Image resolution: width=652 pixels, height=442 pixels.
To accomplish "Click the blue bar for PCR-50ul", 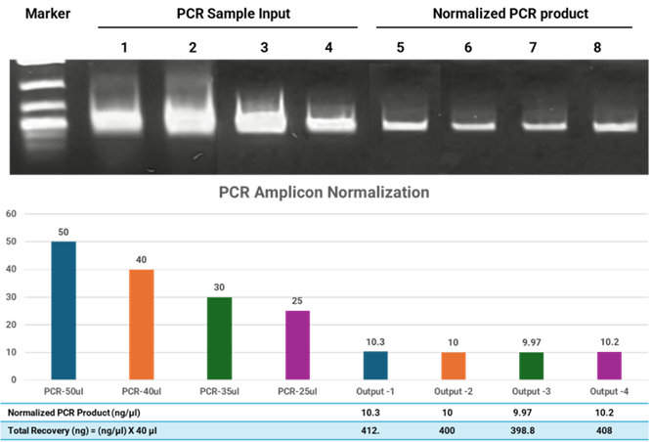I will (64, 311).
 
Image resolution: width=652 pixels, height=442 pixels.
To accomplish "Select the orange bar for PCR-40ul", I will (142, 325).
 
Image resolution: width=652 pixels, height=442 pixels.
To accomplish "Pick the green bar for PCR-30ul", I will (219, 338).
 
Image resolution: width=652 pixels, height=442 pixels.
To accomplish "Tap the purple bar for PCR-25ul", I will (297, 345).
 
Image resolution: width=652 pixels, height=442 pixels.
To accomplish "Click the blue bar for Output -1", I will (375, 366).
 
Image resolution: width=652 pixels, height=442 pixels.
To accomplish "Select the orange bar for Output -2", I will (454, 366).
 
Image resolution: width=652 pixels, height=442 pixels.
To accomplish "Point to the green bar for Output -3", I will (531, 367).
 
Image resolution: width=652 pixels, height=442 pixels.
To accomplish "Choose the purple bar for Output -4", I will (609, 366).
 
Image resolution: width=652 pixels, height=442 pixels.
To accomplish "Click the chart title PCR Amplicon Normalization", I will (324, 193).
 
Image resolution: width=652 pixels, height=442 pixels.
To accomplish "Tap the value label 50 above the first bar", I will (64, 233).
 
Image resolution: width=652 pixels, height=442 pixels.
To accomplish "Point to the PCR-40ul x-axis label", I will (142, 391).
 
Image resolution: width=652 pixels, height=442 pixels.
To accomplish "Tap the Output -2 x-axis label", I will (454, 391).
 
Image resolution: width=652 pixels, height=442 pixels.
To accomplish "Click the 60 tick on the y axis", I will (11, 213).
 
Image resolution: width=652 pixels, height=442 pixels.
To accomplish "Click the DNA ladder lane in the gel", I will (40, 103).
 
